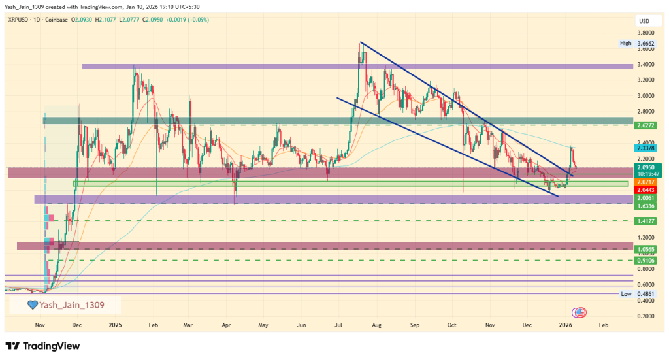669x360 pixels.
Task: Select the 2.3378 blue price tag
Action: coord(645,148)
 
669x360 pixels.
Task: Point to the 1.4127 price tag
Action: coord(645,221)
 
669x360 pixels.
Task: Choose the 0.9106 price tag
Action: coord(645,260)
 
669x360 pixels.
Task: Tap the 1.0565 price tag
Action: coord(645,249)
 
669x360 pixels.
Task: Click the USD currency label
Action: coord(644,21)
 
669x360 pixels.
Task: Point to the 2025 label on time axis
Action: coord(116,324)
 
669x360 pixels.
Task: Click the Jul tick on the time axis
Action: coord(339,324)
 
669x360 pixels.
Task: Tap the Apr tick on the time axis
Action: coord(226,324)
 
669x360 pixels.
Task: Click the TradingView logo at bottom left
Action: coord(43,345)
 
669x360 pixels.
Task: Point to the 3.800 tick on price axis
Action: coord(645,33)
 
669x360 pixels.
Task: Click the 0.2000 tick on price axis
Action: coord(645,316)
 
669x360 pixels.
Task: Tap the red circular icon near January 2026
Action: coord(578,312)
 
